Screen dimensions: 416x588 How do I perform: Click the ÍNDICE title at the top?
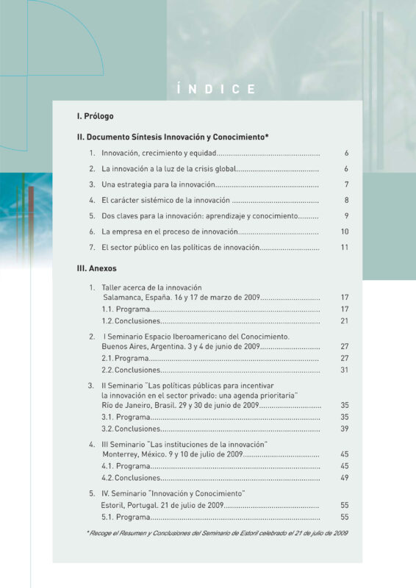217,90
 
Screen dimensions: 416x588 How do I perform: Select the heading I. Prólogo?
95,116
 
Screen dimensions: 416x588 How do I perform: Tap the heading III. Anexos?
97,268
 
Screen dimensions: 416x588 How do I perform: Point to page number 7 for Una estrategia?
345,184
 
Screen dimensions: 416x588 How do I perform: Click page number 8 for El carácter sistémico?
345,200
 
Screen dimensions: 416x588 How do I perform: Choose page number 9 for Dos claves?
345,216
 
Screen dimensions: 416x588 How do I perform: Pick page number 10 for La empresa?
344,232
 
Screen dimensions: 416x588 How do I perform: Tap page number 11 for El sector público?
344,248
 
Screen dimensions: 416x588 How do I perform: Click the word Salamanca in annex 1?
123,298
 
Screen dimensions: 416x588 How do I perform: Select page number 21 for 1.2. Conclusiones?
344,321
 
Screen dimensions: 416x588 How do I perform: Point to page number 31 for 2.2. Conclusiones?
344,370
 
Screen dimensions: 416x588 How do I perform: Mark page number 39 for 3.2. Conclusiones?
344,429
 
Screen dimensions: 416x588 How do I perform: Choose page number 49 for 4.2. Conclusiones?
344,478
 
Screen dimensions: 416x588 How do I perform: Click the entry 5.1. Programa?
126,517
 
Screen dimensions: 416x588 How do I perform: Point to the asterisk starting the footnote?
87,532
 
